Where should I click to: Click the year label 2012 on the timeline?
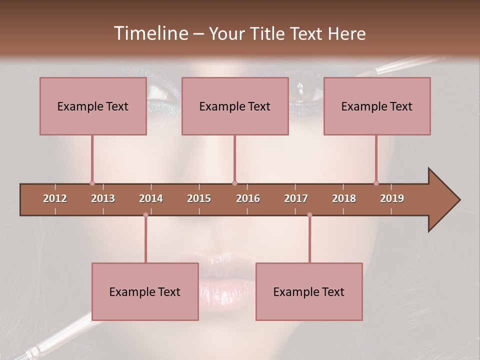pyautogui.click(x=55, y=198)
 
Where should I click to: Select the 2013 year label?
pyautogui.click(x=103, y=198)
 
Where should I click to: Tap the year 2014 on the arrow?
pyautogui.click(x=151, y=198)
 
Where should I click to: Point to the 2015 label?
pyautogui.click(x=199, y=198)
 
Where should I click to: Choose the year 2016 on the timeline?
pyautogui.click(x=248, y=198)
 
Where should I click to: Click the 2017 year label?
pyautogui.click(x=296, y=198)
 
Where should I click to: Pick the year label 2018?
pyautogui.click(x=344, y=198)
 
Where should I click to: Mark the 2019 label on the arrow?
pyautogui.click(x=392, y=198)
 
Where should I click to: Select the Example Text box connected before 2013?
pyautogui.click(x=93, y=106)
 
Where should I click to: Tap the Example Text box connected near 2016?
pyautogui.click(x=235, y=106)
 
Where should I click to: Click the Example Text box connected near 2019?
pyautogui.click(x=377, y=106)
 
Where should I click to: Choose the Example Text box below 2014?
pyautogui.click(x=145, y=291)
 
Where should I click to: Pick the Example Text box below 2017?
pyautogui.click(x=309, y=291)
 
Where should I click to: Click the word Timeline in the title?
pyautogui.click(x=150, y=33)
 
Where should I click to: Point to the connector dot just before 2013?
pyautogui.click(x=92, y=183)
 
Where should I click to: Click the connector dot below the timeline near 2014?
pyautogui.click(x=145, y=215)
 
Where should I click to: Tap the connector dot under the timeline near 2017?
pyautogui.click(x=309, y=215)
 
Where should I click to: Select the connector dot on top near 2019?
pyautogui.click(x=376, y=183)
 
